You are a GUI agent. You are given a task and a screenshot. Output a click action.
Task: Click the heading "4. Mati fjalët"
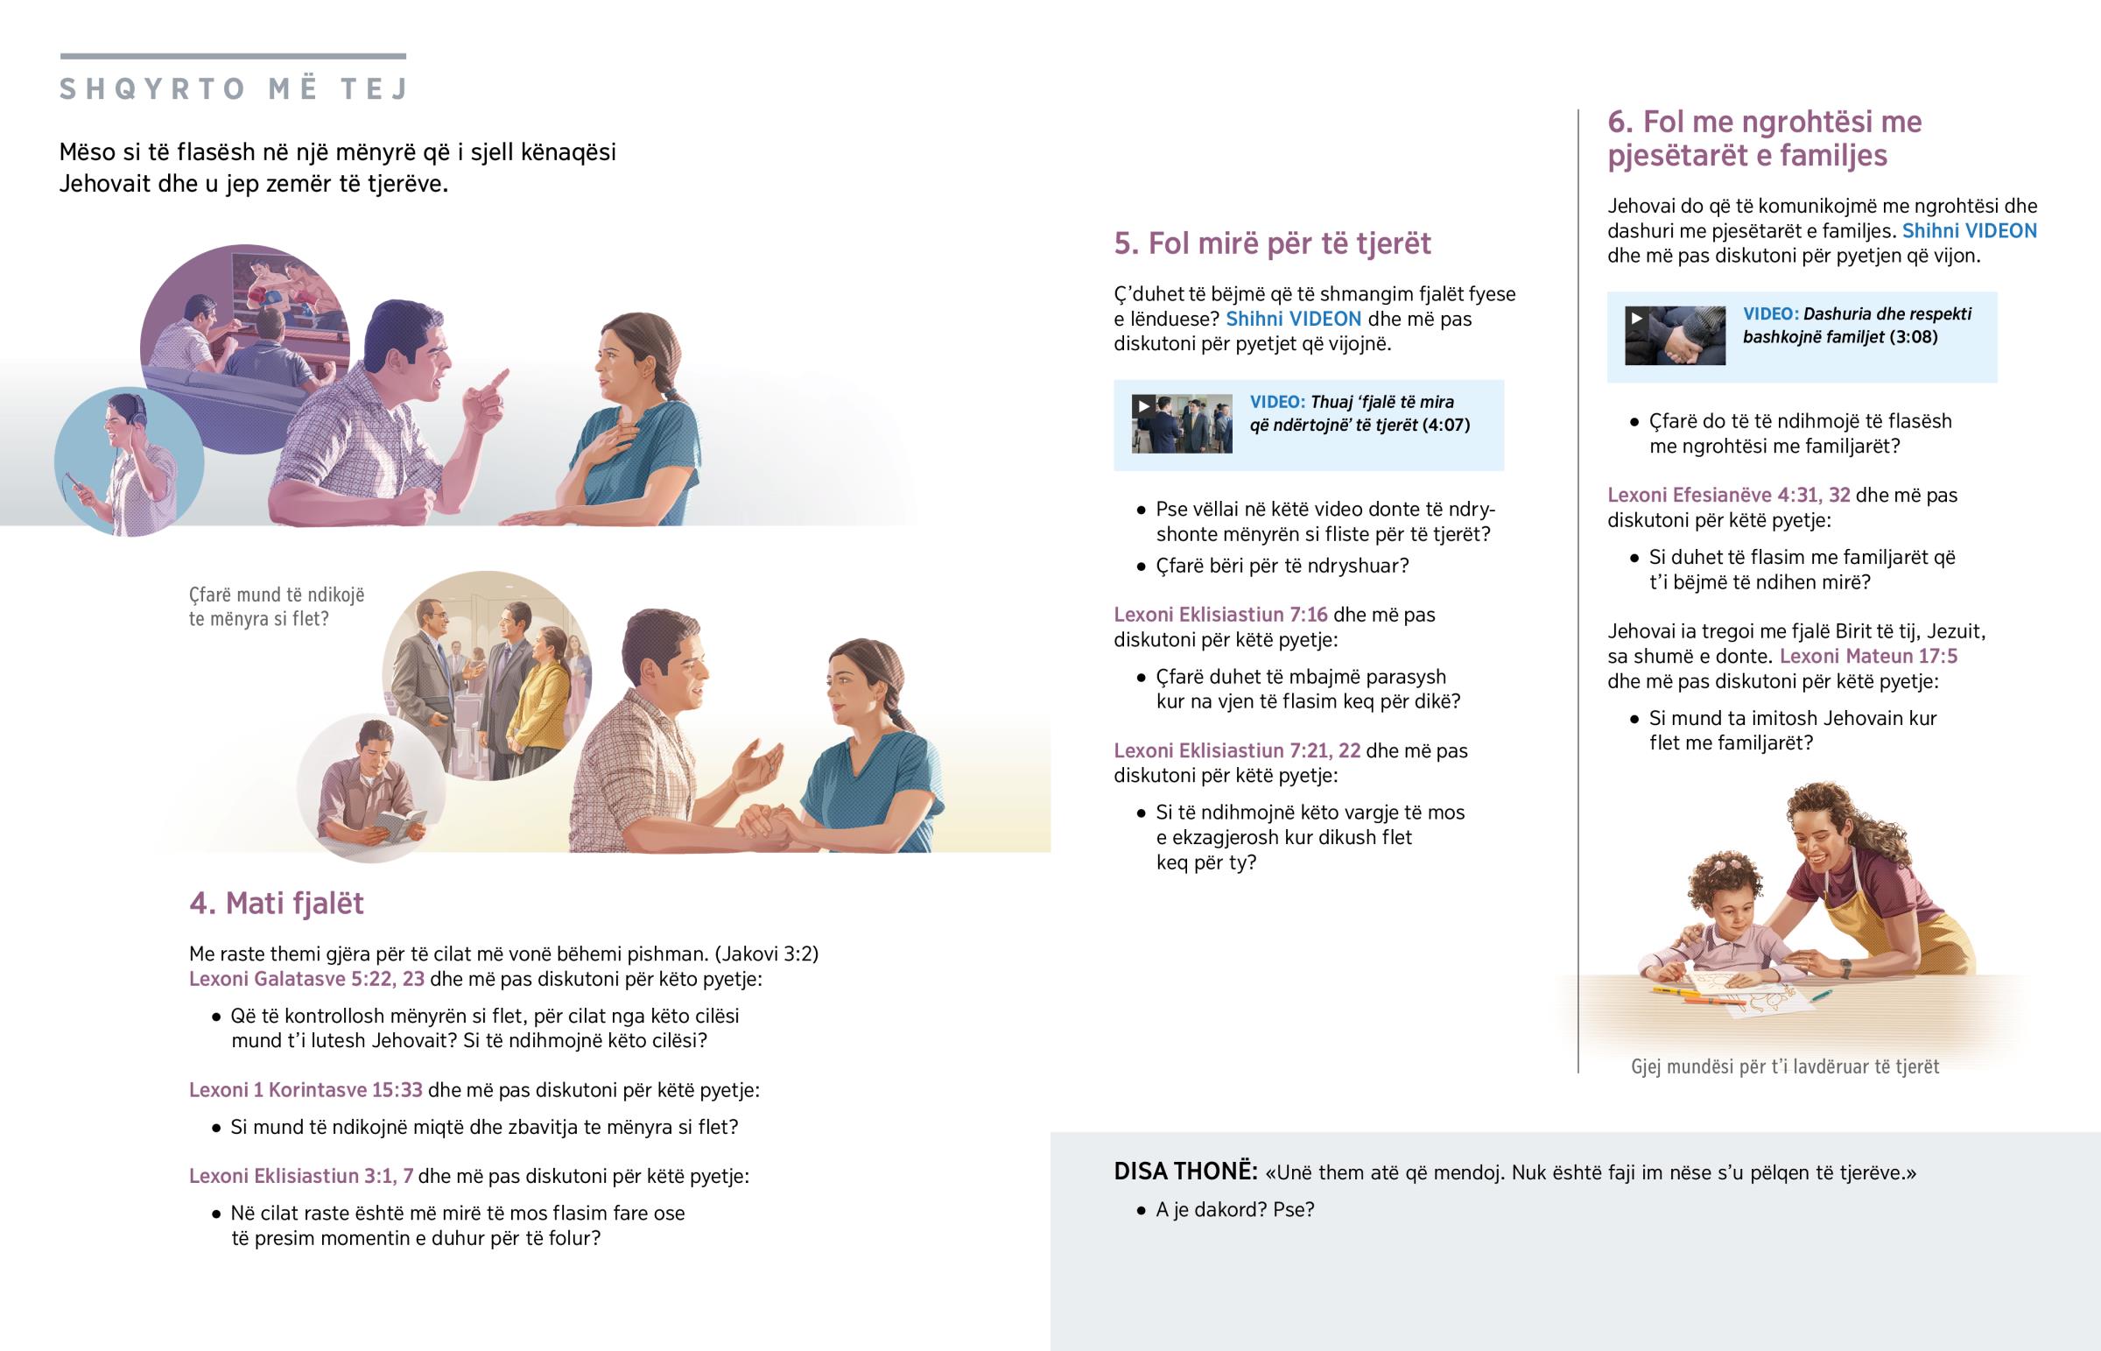[277, 903]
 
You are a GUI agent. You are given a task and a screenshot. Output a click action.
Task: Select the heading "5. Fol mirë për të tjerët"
[1271, 243]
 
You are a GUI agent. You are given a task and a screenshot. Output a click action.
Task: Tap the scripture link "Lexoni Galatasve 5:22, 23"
[307, 979]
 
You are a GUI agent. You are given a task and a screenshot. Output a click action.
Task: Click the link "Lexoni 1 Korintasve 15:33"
[306, 1089]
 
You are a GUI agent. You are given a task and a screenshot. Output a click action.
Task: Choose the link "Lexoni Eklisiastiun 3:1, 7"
[301, 1176]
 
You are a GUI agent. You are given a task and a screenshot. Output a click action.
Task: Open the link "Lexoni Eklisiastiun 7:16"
[1220, 614]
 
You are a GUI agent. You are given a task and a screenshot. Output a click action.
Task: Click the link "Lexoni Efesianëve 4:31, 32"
[1728, 495]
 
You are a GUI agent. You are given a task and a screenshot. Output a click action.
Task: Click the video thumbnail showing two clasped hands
[1675, 335]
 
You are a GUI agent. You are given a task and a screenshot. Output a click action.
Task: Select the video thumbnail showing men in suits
[1181, 424]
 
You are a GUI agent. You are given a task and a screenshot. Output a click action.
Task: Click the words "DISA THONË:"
[1185, 1172]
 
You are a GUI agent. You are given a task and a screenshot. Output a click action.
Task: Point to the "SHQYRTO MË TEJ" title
[233, 88]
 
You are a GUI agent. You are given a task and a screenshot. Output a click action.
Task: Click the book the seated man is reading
[399, 826]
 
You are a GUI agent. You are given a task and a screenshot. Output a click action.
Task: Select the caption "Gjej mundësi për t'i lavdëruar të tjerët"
[1784, 1066]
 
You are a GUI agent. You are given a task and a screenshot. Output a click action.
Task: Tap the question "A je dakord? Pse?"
[1234, 1210]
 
